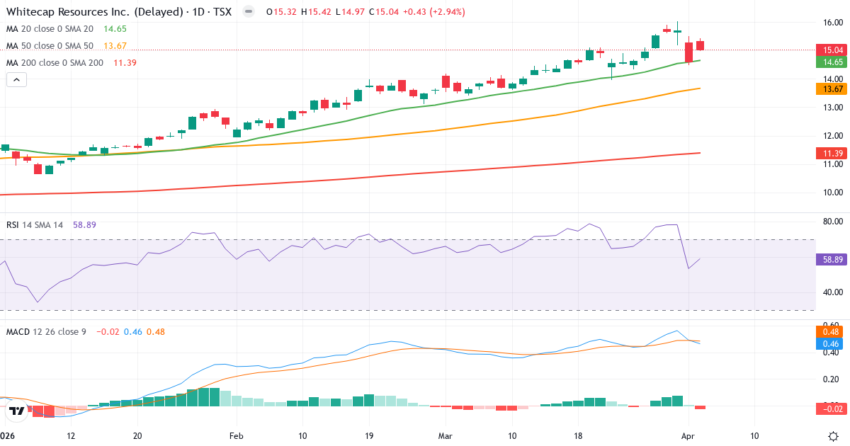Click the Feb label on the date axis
click(237, 435)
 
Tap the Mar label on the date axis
click(445, 435)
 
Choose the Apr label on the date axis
click(688, 435)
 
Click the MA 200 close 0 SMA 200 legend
click(55, 63)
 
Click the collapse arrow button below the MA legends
click(16, 80)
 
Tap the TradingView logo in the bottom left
click(18, 410)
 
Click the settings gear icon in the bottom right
click(834, 435)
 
